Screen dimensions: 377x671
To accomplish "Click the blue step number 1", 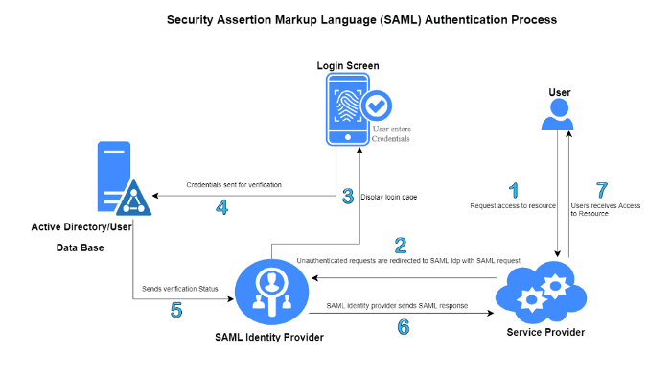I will (x=514, y=189).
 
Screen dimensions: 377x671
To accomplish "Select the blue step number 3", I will (x=349, y=197).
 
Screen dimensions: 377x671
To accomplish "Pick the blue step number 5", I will (x=176, y=311).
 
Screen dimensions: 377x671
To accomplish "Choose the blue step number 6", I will (x=404, y=327).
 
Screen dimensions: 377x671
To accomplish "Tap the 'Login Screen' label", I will (x=348, y=65).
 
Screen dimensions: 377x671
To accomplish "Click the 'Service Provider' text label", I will (x=544, y=332).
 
